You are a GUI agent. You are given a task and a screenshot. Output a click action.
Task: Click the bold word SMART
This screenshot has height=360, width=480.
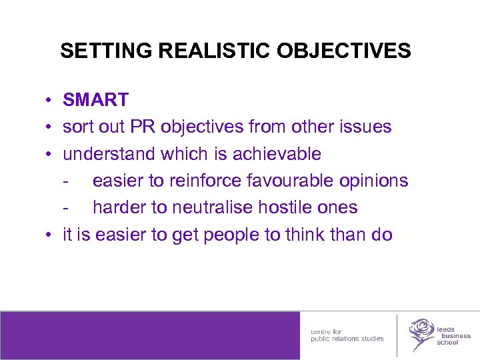point(96,100)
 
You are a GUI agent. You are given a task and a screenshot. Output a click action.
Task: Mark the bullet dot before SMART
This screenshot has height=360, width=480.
point(50,101)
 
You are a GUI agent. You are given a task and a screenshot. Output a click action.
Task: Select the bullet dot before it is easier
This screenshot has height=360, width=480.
point(50,235)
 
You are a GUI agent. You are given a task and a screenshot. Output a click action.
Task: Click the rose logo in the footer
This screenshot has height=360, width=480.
point(421,333)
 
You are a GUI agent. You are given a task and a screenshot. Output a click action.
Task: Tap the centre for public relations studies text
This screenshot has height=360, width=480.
point(347,335)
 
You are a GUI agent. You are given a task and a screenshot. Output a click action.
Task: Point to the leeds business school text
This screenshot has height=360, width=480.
point(453,335)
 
